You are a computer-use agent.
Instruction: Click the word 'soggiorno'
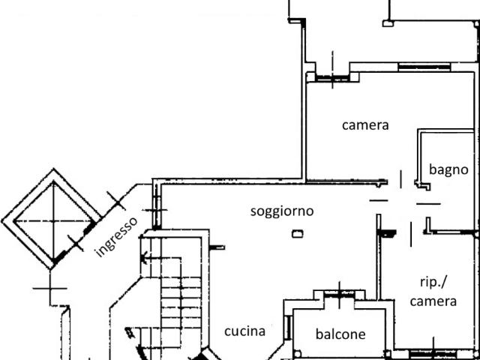282,211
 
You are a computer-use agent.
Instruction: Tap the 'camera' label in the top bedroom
365,125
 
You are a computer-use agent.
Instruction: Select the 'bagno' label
448,169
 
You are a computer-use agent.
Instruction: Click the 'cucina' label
244,331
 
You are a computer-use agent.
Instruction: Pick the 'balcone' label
340,334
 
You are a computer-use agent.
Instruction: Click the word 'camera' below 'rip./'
433,301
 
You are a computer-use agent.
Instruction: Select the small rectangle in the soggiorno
297,235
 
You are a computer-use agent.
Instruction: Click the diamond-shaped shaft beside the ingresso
52,219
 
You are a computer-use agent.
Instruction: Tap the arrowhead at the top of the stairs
143,259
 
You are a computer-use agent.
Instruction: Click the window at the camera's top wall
423,68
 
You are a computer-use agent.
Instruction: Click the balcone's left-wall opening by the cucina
288,326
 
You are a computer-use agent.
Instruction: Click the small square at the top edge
388,23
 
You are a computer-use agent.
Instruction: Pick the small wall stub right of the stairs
217,247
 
